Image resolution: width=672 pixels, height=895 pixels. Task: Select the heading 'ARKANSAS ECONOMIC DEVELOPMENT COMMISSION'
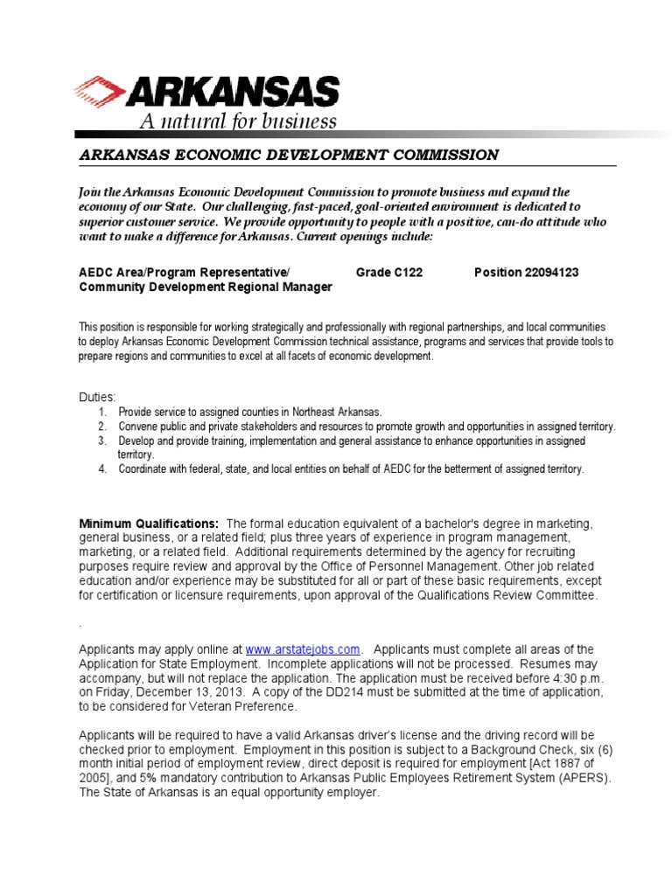point(289,155)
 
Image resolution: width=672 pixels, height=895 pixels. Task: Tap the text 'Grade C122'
point(389,273)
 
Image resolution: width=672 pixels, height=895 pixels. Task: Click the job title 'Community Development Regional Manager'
point(206,287)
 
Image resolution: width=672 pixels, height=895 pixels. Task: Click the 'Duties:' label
point(97,397)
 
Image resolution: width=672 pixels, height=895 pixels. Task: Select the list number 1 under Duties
point(102,411)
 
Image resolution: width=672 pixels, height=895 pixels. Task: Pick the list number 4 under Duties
point(102,469)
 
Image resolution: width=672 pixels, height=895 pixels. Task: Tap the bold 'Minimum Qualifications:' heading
point(149,523)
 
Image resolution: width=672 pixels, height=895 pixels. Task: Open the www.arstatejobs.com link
point(303,649)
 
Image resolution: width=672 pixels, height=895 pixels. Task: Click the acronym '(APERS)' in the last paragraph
point(587,778)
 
